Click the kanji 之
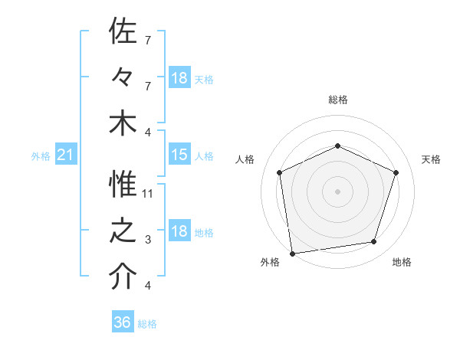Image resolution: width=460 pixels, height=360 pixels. (x=123, y=232)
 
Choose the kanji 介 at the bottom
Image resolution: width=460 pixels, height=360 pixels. (x=123, y=277)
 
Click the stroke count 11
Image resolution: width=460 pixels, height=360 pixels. (x=148, y=194)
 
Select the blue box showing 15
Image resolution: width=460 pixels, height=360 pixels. (x=179, y=155)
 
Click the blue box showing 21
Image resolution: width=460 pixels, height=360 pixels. (x=66, y=155)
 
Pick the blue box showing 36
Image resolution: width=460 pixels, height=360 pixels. (x=123, y=322)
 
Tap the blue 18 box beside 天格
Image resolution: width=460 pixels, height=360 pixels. (x=179, y=78)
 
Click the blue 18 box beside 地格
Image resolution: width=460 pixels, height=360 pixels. (x=179, y=232)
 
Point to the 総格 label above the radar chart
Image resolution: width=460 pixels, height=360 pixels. (x=338, y=100)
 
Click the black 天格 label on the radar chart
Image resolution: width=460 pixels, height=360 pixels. (x=431, y=159)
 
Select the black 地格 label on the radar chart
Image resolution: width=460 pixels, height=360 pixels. (x=402, y=262)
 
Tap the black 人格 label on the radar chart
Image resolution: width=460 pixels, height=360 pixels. (x=245, y=159)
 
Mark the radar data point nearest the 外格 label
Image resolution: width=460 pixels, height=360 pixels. (x=292, y=253)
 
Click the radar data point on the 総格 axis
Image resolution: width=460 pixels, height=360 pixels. (x=338, y=146)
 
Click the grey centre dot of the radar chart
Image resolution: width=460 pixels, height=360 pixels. (x=338, y=191)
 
